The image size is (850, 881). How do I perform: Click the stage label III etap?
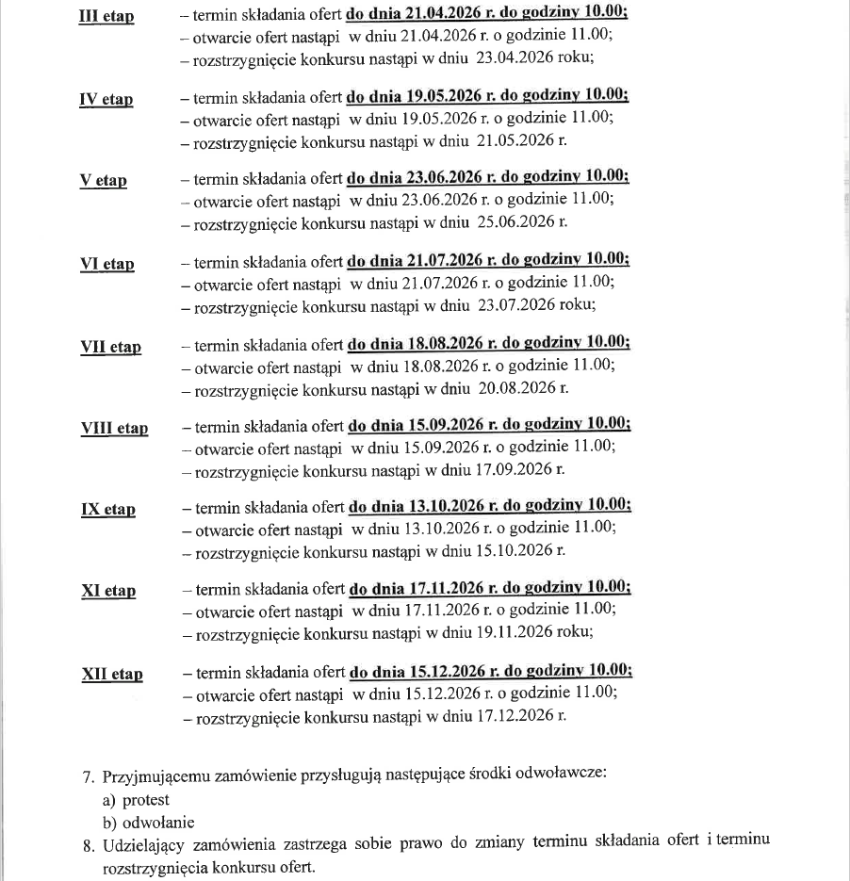(x=106, y=18)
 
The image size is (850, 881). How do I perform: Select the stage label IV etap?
(x=106, y=100)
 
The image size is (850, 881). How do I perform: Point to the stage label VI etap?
(x=107, y=265)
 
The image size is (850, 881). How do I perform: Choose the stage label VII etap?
(x=111, y=347)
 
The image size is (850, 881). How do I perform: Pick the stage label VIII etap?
(x=115, y=429)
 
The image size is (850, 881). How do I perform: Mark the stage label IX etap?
(x=108, y=510)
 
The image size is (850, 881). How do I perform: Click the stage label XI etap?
(x=108, y=592)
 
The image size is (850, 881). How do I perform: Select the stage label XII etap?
(x=112, y=674)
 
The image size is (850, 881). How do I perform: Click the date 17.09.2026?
(x=515, y=469)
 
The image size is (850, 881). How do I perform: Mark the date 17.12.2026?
(x=515, y=716)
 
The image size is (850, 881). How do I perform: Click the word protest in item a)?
(x=145, y=800)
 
